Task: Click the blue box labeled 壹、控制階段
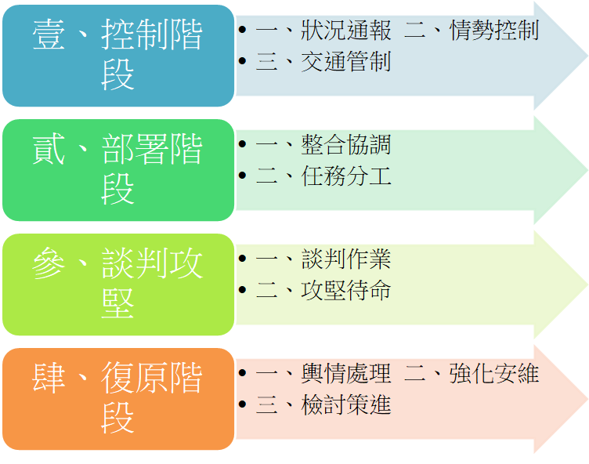(117, 56)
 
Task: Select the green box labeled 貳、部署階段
(117, 170)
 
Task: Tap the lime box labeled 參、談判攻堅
(117, 285)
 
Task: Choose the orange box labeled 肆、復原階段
(117, 399)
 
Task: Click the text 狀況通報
(346, 31)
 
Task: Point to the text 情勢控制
(494, 31)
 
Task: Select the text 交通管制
(346, 62)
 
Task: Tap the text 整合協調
(346, 145)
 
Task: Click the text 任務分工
(346, 176)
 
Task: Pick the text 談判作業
(346, 259)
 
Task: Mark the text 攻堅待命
(346, 290)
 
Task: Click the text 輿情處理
(346, 374)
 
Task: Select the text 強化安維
(494, 374)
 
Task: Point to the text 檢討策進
(346, 404)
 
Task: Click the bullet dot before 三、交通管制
(243, 62)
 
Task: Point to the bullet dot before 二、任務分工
(243, 176)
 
